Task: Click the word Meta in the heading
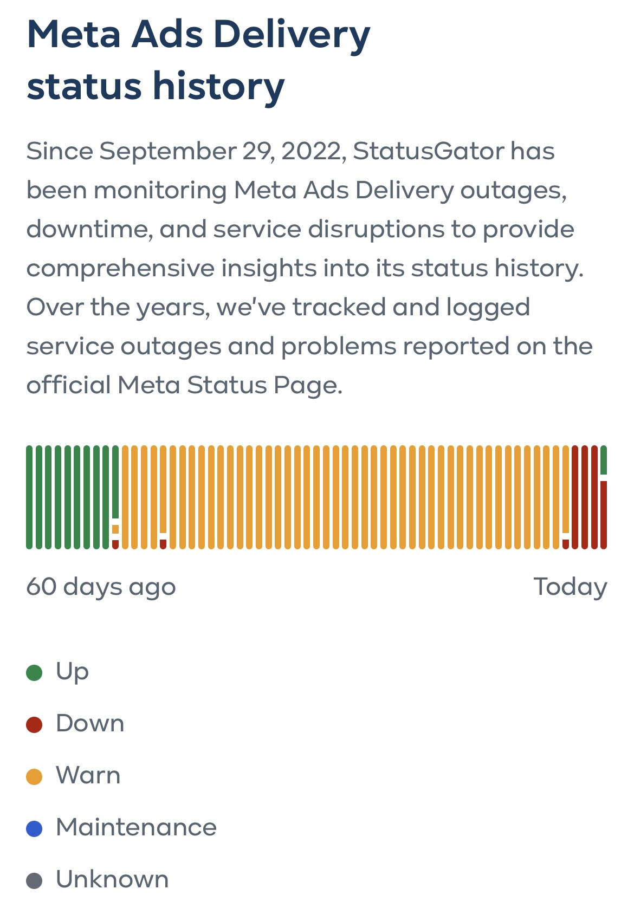pos(74,35)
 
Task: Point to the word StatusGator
pos(428,151)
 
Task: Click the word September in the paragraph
pos(167,151)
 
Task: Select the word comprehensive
pos(120,269)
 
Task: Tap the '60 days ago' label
pos(101,587)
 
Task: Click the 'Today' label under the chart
pos(570,587)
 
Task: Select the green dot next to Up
pos(34,673)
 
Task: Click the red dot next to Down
pos(34,725)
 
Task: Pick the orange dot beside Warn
pos(34,777)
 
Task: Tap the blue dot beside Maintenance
pos(34,829)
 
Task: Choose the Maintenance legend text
pos(136,828)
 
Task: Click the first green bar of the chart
pos(29,497)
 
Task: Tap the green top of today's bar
pos(604,459)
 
